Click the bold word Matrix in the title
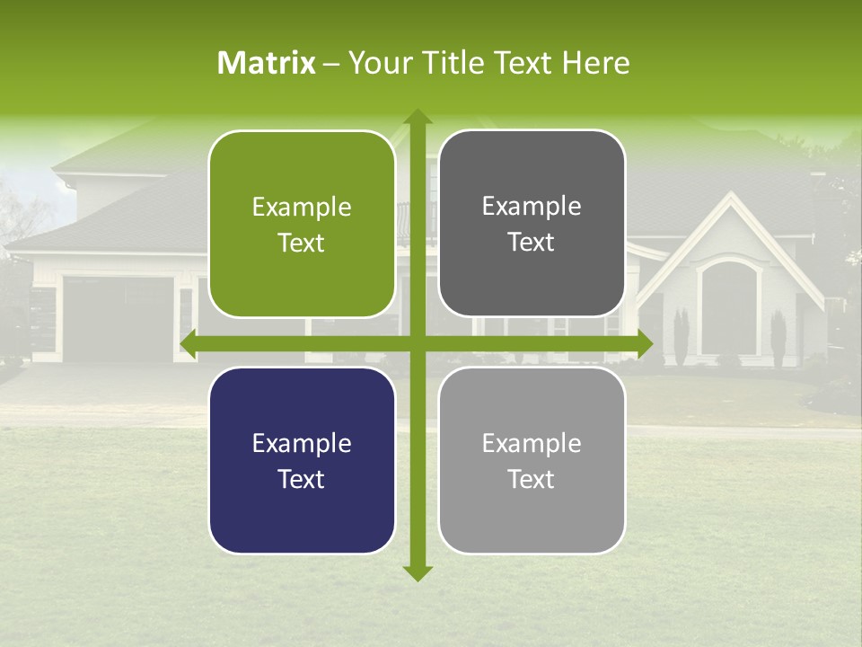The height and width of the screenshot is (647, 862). click(267, 63)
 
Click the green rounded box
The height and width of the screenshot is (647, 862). click(302, 225)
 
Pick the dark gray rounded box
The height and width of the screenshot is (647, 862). click(532, 224)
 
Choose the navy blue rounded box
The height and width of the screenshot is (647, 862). click(302, 460)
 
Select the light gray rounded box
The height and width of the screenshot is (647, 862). click(532, 460)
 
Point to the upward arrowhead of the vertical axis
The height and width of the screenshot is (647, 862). click(417, 117)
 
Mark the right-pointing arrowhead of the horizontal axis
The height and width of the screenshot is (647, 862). click(644, 343)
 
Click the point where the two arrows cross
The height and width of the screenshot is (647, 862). click(417, 343)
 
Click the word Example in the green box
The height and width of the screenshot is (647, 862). click(302, 208)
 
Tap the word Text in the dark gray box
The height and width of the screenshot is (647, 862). click(532, 243)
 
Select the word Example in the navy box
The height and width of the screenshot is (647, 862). click(302, 443)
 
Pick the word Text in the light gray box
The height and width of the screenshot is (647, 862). click(532, 479)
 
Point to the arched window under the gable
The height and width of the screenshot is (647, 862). click(729, 310)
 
